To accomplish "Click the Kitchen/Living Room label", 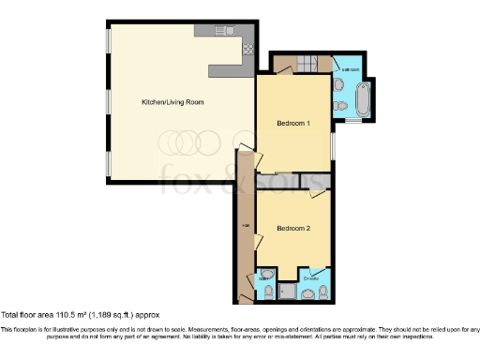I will pyautogui.click(x=172, y=101).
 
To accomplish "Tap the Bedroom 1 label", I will pyautogui.click(x=293, y=123).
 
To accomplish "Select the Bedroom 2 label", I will pyautogui.click(x=293, y=227).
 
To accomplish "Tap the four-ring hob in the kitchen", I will pyautogui.click(x=247, y=47).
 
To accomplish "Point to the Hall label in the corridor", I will pyautogui.click(x=245, y=226).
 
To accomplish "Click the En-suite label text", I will pyautogui.click(x=310, y=277).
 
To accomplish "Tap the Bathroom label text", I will pyautogui.click(x=352, y=70).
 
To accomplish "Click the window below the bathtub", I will pyautogui.click(x=353, y=121).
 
